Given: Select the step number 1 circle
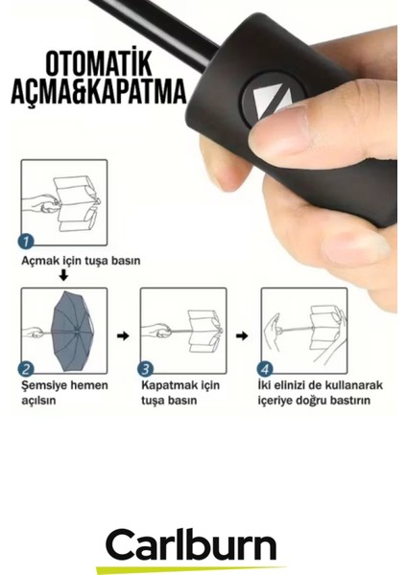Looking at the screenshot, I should (26, 241).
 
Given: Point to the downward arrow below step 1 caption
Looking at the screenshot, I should (64, 276).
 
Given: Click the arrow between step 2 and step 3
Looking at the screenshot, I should (123, 336).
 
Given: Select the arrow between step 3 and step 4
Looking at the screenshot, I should (243, 336).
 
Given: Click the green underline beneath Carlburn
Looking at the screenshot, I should (191, 567).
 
